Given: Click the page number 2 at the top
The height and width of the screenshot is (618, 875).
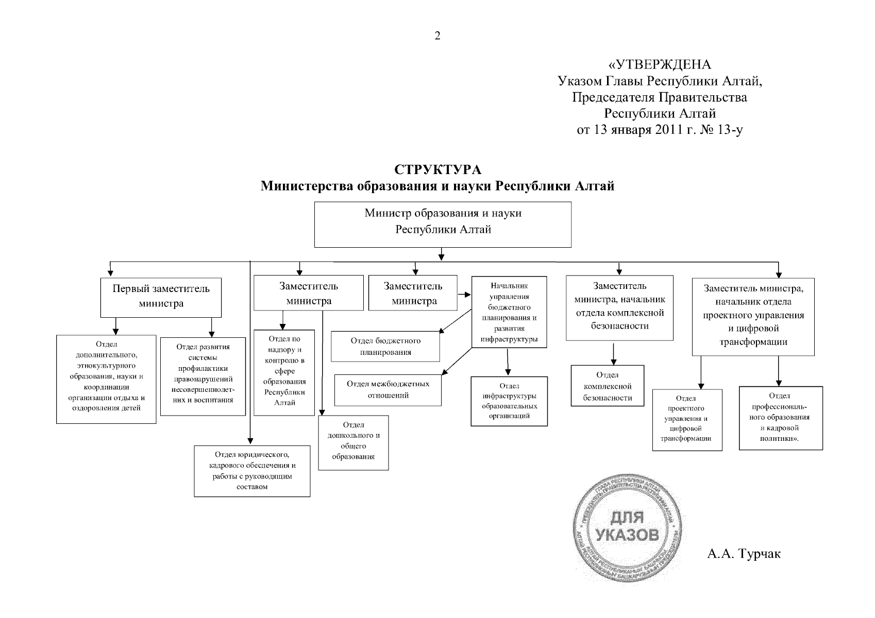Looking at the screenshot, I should pyautogui.click(x=437, y=36).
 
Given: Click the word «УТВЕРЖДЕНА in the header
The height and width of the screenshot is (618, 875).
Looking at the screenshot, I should pyautogui.click(x=660, y=65).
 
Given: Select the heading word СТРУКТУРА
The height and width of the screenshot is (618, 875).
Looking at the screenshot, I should pyautogui.click(x=437, y=169).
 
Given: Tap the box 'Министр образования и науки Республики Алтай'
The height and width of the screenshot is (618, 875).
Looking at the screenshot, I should pyautogui.click(x=443, y=224).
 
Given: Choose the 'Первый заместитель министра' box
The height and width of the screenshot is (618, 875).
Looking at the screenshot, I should pyautogui.click(x=161, y=297).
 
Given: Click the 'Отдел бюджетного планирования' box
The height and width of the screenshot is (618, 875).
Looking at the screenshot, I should pyautogui.click(x=385, y=347).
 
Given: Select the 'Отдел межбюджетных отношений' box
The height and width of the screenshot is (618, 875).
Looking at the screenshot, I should pyautogui.click(x=388, y=390).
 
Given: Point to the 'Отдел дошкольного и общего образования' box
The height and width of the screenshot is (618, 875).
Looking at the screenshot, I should pyautogui.click(x=353, y=442).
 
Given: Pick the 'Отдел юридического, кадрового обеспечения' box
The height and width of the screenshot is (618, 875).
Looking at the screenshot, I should pyautogui.click(x=252, y=471).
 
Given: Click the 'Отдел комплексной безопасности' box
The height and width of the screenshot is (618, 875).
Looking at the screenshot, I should pyautogui.click(x=608, y=386).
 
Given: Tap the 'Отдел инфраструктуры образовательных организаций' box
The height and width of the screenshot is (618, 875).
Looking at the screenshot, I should pyautogui.click(x=509, y=401).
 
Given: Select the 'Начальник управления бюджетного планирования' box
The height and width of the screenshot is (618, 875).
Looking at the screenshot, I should pyautogui.click(x=509, y=312).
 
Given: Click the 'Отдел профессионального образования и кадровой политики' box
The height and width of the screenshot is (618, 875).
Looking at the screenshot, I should pyautogui.click(x=780, y=418).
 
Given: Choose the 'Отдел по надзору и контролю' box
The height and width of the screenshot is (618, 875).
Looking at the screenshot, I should pyautogui.click(x=284, y=372).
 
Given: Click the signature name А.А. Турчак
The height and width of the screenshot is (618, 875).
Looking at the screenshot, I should pyautogui.click(x=744, y=554).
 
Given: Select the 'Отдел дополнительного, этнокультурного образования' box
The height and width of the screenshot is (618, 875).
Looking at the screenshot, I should pyautogui.click(x=106, y=379).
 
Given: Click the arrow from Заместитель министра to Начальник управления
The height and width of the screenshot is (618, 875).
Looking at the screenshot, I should pyautogui.click(x=464, y=295).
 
